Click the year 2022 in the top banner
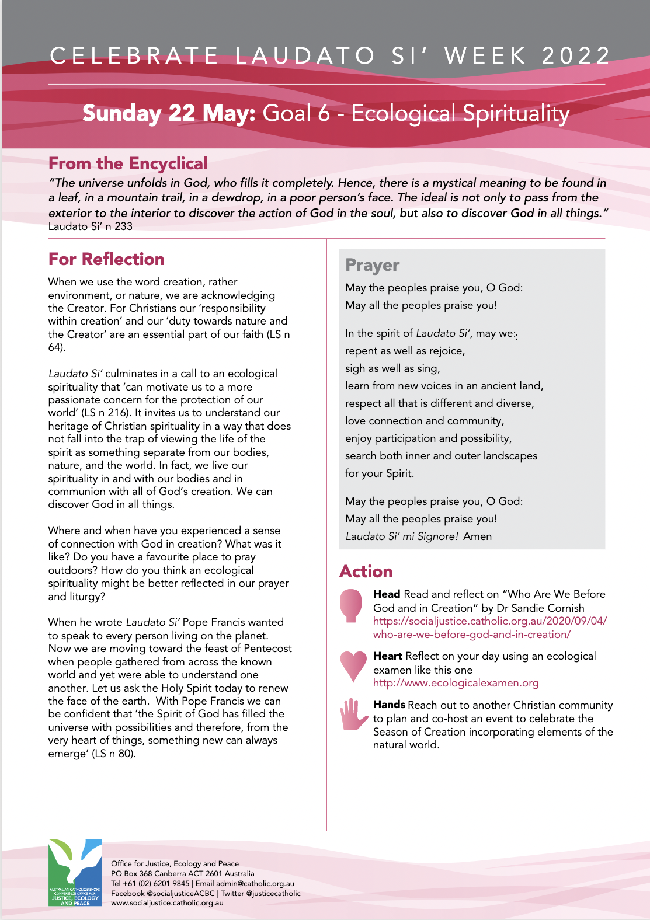tap(575, 56)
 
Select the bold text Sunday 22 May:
tap(169, 113)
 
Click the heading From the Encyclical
tap(128, 163)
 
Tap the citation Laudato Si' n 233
tap(91, 226)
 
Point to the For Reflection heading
tap(106, 259)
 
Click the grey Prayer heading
tap(372, 265)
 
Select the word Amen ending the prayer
tap(478, 536)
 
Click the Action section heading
tap(366, 571)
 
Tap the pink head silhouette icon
tap(352, 605)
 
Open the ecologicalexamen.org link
tap(456, 683)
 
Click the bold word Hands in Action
tap(389, 705)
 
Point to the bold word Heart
tap(388, 656)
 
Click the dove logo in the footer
tap(75, 872)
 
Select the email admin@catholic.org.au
tap(255, 884)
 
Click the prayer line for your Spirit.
tap(380, 473)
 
